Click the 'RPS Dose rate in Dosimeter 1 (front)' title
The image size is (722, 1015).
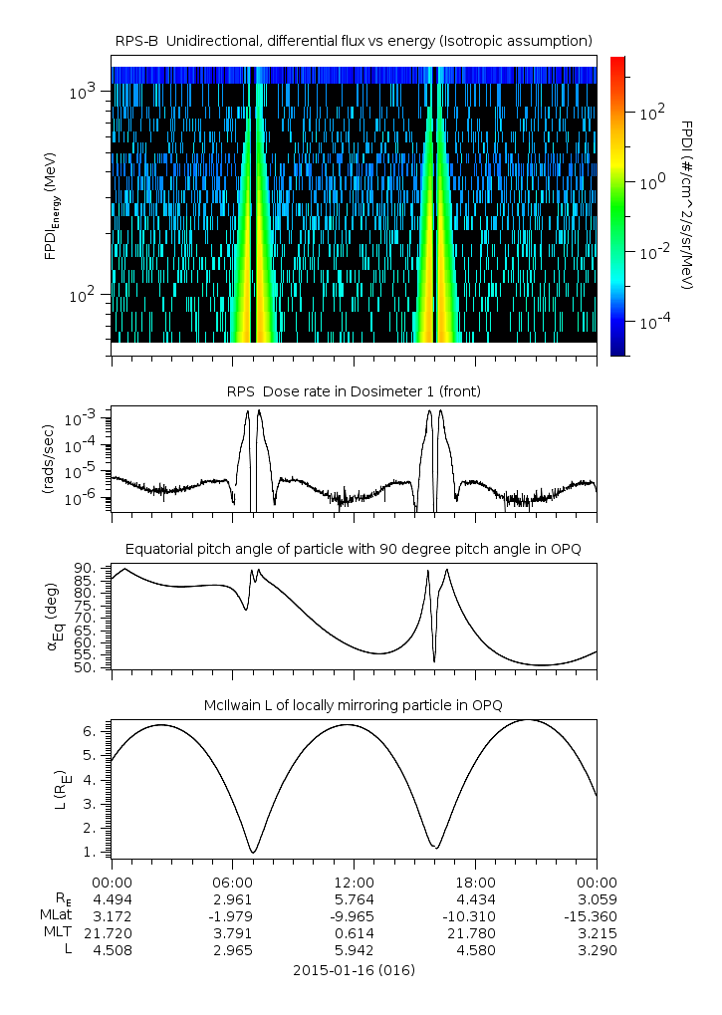[x=354, y=391]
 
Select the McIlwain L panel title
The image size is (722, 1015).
[x=354, y=705]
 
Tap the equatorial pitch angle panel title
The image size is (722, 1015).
[x=354, y=549]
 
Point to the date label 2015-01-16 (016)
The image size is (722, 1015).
[x=354, y=969]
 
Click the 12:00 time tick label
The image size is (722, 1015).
[x=354, y=882]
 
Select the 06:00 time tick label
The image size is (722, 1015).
[x=232, y=882]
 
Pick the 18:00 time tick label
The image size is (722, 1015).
[x=475, y=882]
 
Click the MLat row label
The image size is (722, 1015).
[x=55, y=915]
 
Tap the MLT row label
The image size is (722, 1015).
[x=58, y=932]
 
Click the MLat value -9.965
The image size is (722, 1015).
[x=354, y=915]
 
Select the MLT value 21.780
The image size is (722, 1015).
[x=475, y=932]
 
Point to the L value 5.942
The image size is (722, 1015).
[x=354, y=950]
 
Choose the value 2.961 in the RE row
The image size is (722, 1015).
[x=232, y=898]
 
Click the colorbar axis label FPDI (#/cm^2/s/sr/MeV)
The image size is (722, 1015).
[x=687, y=204]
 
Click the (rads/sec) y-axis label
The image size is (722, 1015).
[x=47, y=458]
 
